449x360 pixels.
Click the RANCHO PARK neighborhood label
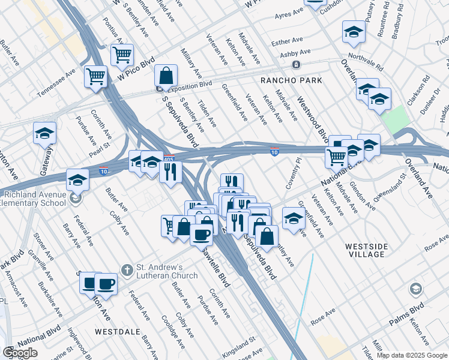click(291, 80)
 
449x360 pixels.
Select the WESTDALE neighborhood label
click(117, 331)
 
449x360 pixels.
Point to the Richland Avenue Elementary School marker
click(75, 198)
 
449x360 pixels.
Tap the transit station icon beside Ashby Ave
click(295, 64)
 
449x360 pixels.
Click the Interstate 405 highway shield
click(169, 159)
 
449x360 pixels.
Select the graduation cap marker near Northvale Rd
click(354, 32)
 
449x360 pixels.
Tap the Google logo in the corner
click(20, 353)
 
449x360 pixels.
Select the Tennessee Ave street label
click(56, 83)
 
